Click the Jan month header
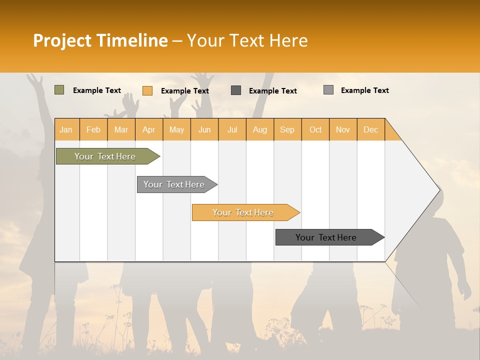[x=66, y=129]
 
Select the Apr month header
[x=148, y=129]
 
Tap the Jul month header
[x=232, y=129]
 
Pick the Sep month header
[x=287, y=129]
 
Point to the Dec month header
[x=370, y=129]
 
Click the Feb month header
[x=93, y=129]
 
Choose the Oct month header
[x=315, y=129]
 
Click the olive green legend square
[x=59, y=90]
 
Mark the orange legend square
[x=147, y=90]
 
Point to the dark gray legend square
[x=236, y=90]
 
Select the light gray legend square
[x=328, y=90]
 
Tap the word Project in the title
[x=62, y=40]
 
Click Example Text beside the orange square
[x=185, y=91]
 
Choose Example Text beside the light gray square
[x=365, y=90]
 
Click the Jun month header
[x=204, y=129]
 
